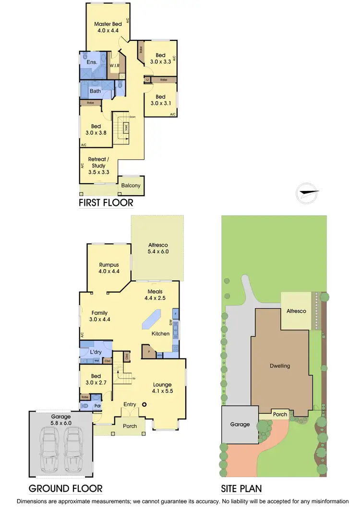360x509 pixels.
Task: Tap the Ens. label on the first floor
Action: (x=92, y=62)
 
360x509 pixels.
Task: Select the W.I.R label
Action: (x=114, y=65)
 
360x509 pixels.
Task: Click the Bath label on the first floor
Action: (x=95, y=90)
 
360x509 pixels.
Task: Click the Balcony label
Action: (x=131, y=186)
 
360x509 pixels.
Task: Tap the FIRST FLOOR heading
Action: (x=106, y=203)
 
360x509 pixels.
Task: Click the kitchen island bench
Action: (x=153, y=320)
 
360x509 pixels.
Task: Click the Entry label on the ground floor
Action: (x=130, y=405)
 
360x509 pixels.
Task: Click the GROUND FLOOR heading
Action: (x=66, y=489)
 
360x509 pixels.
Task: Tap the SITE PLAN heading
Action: (x=241, y=489)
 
